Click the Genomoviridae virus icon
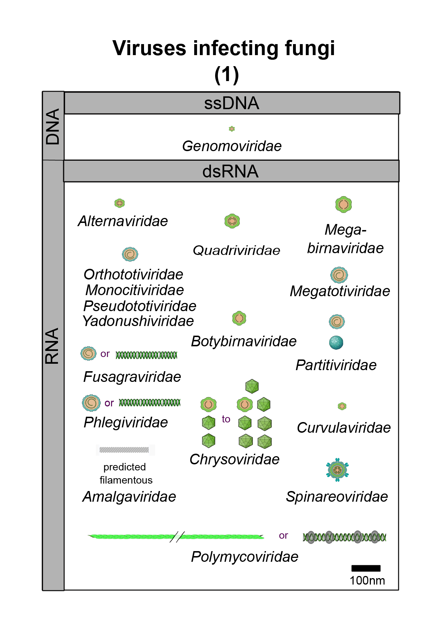(232, 129)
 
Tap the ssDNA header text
(231, 103)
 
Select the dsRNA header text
(230, 171)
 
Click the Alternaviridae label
(123, 221)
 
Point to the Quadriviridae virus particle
(232, 221)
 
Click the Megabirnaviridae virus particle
(344, 204)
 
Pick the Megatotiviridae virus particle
(339, 275)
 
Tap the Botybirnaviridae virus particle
(239, 318)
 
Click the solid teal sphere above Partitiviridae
(336, 342)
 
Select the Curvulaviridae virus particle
(342, 406)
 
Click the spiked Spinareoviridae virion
(337, 470)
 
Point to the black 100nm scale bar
(366, 568)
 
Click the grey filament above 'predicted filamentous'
(124, 450)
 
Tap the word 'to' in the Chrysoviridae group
(226, 419)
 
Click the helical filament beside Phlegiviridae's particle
(150, 402)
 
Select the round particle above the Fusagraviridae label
(89, 353)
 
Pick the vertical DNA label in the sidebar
(53, 127)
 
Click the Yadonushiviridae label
(138, 321)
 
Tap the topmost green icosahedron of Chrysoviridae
(252, 386)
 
